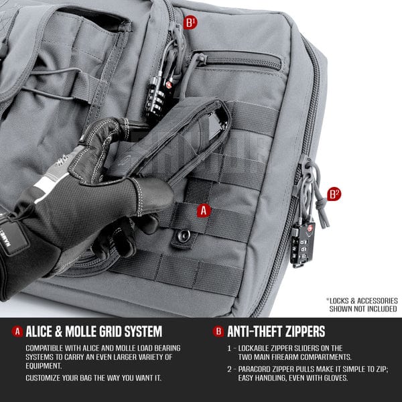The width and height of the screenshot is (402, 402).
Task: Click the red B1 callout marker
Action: pos(191,22)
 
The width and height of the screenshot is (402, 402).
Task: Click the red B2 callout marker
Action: pos(334,195)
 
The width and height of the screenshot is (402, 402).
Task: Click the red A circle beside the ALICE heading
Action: pos(17,332)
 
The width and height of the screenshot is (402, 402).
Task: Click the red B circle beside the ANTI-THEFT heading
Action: pos(218,332)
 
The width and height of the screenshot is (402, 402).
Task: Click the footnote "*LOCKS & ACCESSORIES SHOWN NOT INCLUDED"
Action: pos(362,305)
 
